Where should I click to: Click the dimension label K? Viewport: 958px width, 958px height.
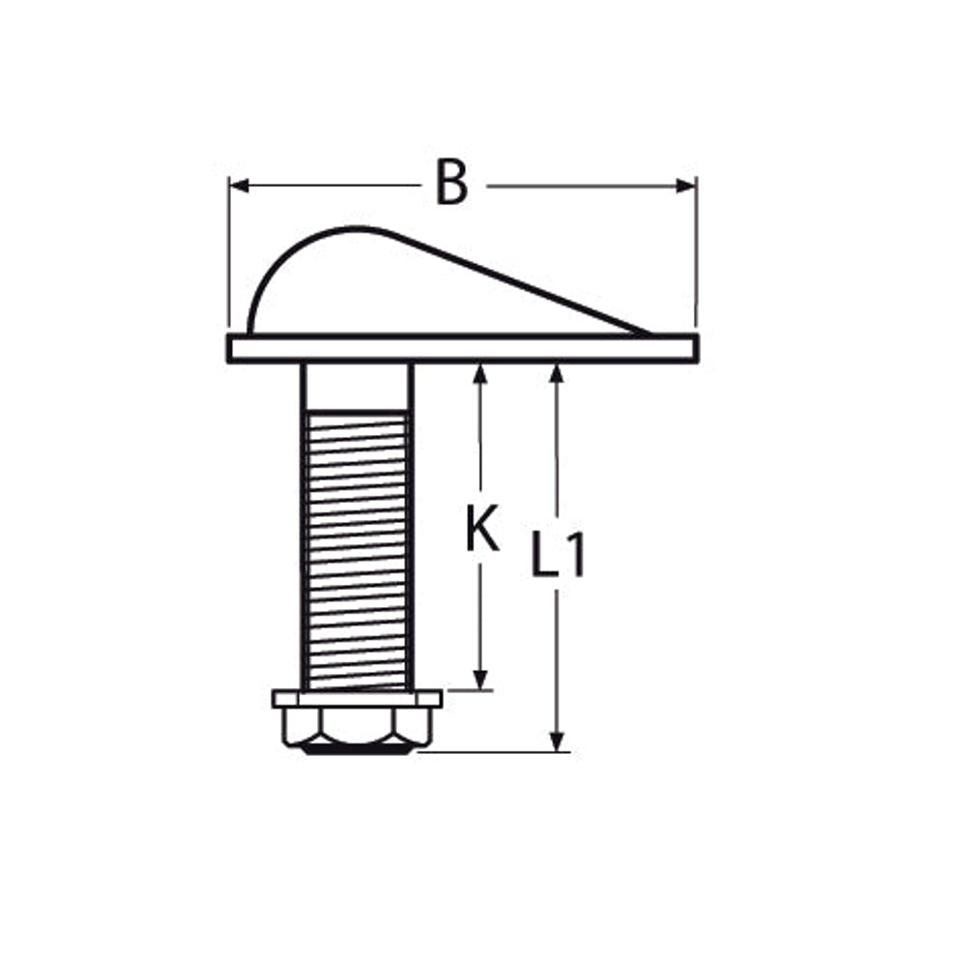pyautogui.click(x=482, y=527)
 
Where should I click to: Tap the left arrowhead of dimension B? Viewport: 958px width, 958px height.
pyautogui.click(x=240, y=186)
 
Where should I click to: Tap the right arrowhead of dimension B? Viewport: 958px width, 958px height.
pyautogui.click(x=685, y=186)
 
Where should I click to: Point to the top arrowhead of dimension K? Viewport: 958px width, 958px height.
pyautogui.click(x=480, y=374)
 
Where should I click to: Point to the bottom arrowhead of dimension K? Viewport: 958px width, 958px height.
pyautogui.click(x=480, y=680)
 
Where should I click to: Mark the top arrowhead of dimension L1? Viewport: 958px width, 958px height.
pyautogui.click(x=556, y=374)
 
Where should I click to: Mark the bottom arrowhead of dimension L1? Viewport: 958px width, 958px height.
pyautogui.click(x=556, y=741)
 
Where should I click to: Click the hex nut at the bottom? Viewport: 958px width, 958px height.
pyautogui.click(x=358, y=731)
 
